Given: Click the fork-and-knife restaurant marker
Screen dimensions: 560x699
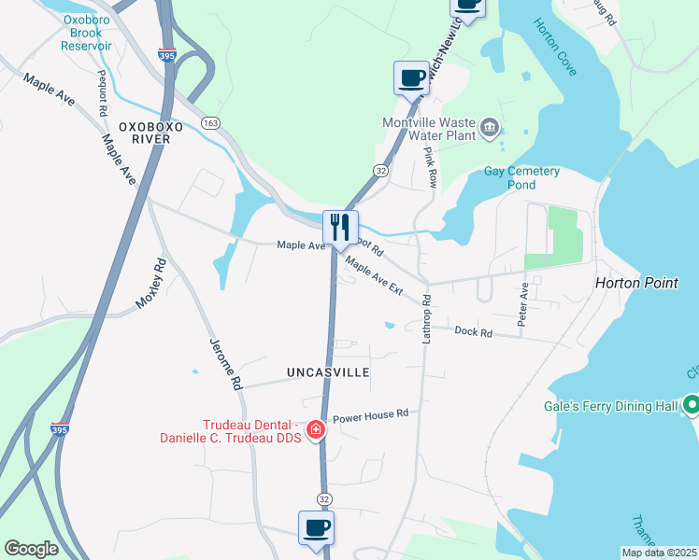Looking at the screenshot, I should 340,227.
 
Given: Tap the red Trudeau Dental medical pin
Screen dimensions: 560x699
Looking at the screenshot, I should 316,430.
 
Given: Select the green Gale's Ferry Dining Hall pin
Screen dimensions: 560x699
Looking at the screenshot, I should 691,405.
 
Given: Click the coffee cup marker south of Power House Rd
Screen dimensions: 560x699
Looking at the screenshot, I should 316,527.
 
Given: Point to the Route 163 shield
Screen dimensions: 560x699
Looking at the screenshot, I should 210,122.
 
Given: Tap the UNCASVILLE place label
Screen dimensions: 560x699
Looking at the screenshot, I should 328,372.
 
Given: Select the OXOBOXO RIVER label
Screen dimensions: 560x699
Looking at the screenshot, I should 145,132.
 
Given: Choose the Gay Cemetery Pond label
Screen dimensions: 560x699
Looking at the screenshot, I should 521,177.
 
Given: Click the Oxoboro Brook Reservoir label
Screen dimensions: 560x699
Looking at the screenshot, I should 89,32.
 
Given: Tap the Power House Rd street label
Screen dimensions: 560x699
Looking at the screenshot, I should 371,413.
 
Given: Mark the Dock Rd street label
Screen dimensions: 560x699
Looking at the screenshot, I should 473,331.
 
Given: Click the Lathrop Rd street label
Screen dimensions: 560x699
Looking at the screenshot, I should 426,319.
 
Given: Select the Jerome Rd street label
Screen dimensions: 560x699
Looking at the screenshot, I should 226,364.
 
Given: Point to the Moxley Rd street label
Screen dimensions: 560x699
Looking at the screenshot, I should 150,285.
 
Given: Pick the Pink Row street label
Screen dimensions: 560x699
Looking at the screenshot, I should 430,167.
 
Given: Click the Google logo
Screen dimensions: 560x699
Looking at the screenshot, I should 31,549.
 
